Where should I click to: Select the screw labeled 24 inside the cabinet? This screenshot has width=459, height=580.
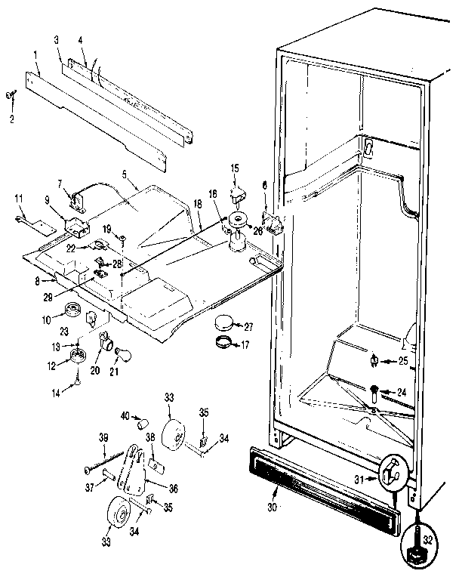point(375,391)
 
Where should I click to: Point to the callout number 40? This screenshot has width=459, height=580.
point(126,415)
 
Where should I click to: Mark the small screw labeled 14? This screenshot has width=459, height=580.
point(78,385)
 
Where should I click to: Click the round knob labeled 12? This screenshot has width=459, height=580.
point(76,356)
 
